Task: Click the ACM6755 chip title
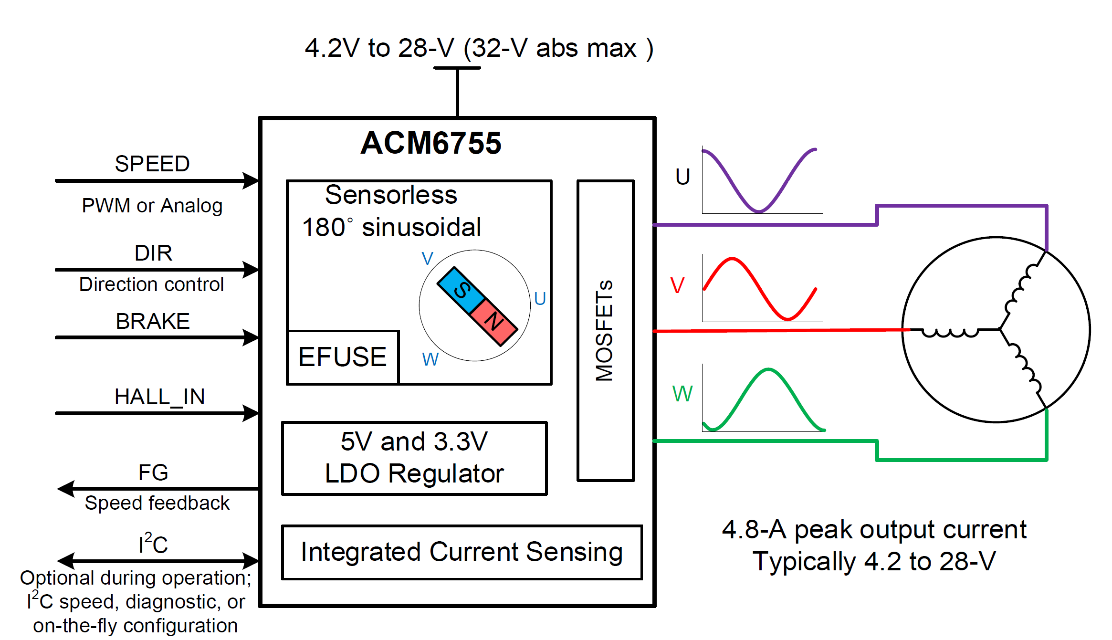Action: [x=431, y=143]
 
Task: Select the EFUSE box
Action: [x=343, y=357]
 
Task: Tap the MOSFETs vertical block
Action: [x=605, y=330]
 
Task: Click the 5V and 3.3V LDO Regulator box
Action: [x=414, y=458]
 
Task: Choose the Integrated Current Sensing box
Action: [x=462, y=552]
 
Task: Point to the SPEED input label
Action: [x=152, y=164]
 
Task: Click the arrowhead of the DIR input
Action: [x=251, y=270]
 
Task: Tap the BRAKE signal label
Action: [x=153, y=321]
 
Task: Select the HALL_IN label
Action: [x=159, y=397]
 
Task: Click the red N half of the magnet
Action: [x=494, y=322]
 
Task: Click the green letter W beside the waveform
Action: [x=682, y=394]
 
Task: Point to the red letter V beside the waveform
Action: [x=677, y=286]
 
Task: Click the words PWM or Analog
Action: [x=152, y=206]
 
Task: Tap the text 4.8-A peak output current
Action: [x=874, y=530]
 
